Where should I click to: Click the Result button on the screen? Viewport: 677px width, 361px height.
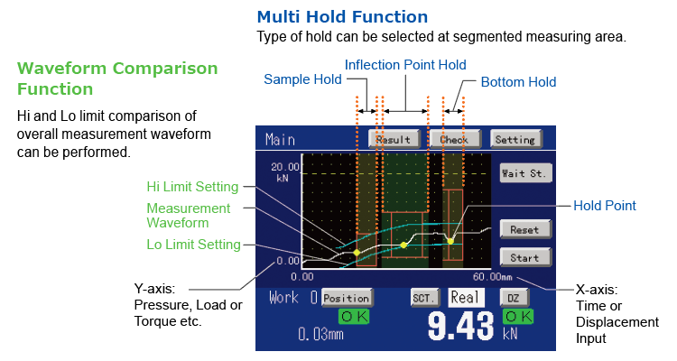[x=394, y=139]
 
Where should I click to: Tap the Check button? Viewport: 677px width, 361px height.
[x=455, y=139]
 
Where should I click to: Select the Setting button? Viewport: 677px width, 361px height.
[x=515, y=139]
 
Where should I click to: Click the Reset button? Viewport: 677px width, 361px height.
[x=525, y=229]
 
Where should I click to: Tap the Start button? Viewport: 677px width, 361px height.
[x=525, y=257]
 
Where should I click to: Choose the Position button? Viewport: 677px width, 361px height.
[x=348, y=298]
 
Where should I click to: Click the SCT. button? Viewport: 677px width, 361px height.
[x=424, y=298]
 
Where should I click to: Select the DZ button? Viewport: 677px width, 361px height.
[x=514, y=298]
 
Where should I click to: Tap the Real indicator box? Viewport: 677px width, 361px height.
[x=466, y=298]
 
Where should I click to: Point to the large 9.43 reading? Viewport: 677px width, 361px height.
[x=460, y=326]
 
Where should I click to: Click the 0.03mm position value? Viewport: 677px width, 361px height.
[x=320, y=334]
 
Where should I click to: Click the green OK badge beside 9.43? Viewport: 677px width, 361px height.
[x=518, y=317]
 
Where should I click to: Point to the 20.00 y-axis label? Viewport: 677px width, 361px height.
[x=285, y=167]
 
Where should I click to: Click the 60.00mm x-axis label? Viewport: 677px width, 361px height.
[x=493, y=276]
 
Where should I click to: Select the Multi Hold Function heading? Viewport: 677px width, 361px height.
[x=342, y=17]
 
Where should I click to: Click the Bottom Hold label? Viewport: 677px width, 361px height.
[x=518, y=82]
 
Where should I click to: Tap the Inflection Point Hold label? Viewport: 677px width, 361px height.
[x=405, y=65]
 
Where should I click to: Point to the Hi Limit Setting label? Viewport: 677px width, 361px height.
[x=192, y=187]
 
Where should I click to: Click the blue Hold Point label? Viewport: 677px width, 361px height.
[x=605, y=206]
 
